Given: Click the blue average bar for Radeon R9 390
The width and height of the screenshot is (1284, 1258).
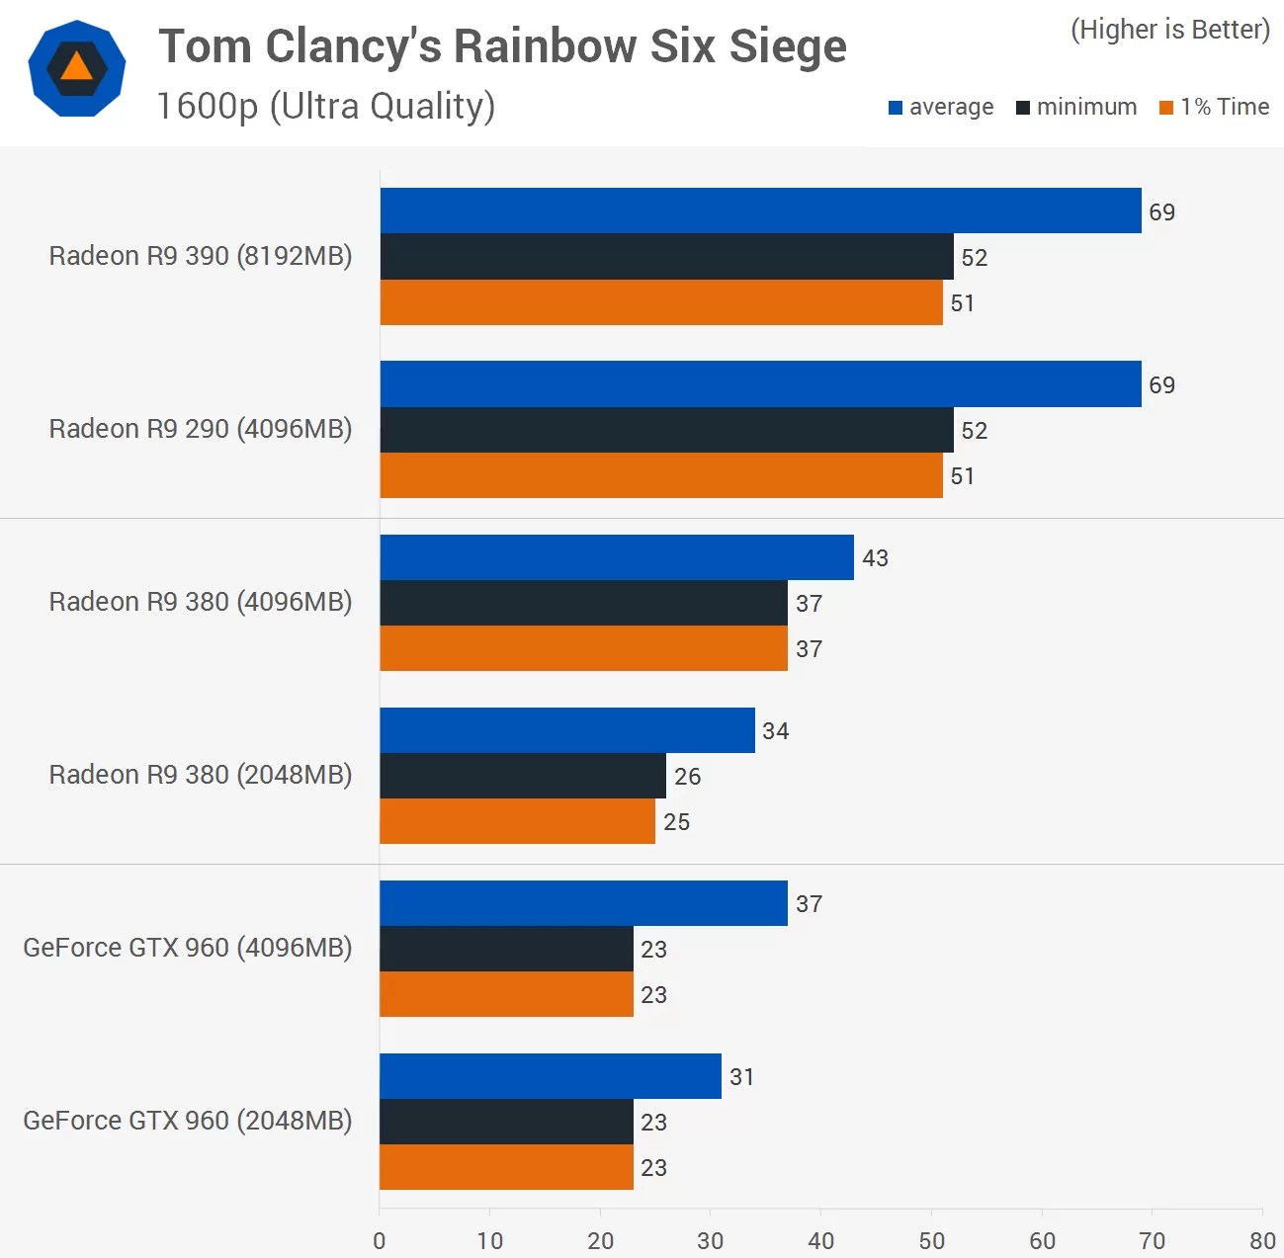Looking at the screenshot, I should pyautogui.click(x=760, y=210).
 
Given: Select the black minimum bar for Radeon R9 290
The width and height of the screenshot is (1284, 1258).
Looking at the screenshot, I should pyautogui.click(x=666, y=430).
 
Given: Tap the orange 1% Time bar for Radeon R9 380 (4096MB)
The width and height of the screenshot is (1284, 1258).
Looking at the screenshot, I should pyautogui.click(x=583, y=648).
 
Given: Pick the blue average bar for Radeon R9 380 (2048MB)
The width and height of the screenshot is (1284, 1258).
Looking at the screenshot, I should pyautogui.click(x=566, y=730).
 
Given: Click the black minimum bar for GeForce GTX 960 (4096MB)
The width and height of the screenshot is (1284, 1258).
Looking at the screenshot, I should pyautogui.click(x=506, y=949).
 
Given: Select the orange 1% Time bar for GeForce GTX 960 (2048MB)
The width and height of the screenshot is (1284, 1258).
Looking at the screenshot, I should pyautogui.click(x=506, y=1167).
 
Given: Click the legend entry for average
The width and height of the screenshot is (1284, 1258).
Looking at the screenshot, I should pyautogui.click(x=941, y=107).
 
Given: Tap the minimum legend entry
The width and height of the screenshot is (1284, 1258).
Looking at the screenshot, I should pyautogui.click(x=1076, y=107).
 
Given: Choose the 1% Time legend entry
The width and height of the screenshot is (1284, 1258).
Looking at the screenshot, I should pyautogui.click(x=1215, y=107).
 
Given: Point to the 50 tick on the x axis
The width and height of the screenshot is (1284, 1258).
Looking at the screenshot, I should pyautogui.click(x=931, y=1240).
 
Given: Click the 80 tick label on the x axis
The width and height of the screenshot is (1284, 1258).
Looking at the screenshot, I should pyautogui.click(x=1262, y=1240).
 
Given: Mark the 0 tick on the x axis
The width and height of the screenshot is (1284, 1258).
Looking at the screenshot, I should pyautogui.click(x=380, y=1240).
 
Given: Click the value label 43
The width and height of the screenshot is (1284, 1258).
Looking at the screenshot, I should pyautogui.click(x=875, y=558).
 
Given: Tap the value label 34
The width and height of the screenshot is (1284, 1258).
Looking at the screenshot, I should pyautogui.click(x=776, y=731).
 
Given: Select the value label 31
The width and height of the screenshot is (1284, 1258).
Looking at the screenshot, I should pyautogui.click(x=742, y=1077).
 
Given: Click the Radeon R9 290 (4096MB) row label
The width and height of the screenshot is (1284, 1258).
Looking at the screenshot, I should pyautogui.click(x=201, y=429).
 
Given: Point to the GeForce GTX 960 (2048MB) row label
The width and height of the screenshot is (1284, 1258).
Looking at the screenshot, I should pyautogui.click(x=188, y=1121).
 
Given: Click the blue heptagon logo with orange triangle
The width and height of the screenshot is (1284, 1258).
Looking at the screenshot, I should pyautogui.click(x=77, y=68).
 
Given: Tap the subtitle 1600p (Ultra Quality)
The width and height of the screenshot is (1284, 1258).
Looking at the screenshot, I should pyautogui.click(x=326, y=107).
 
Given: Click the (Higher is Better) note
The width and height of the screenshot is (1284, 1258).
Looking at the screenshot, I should pyautogui.click(x=1170, y=30).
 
